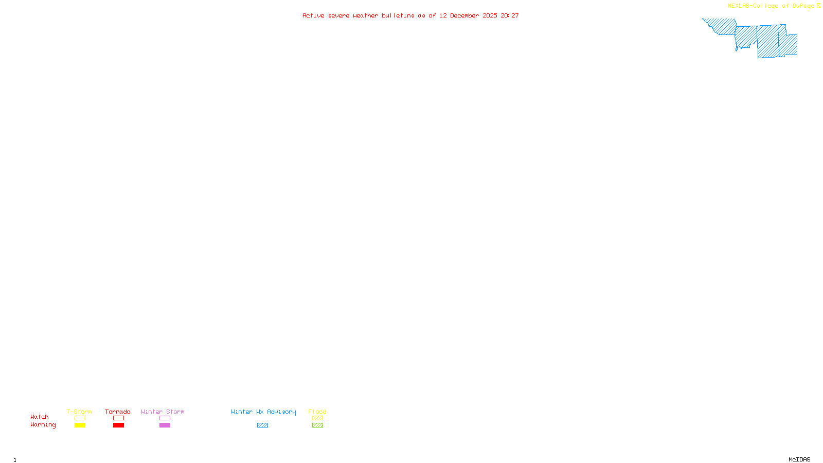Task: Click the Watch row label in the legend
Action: pos(40,417)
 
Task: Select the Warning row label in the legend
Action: pos(43,425)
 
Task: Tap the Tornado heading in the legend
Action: pos(118,412)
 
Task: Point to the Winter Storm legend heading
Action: pos(163,412)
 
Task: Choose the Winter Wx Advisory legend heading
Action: pos(263,412)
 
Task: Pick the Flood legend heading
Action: pos(317,412)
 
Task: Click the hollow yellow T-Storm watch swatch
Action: pos(80,418)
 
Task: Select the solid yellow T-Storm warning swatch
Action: pos(80,425)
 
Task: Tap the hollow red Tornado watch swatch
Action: pos(119,418)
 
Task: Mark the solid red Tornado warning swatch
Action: pos(119,425)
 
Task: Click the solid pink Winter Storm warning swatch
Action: pos(165,425)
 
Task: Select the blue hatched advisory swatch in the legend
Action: pos(263,425)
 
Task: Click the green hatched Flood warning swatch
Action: pos(317,425)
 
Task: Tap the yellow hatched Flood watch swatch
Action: pos(317,418)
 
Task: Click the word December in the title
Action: pos(464,16)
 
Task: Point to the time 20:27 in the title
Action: pos(510,16)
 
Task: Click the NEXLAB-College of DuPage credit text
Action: pos(771,6)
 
